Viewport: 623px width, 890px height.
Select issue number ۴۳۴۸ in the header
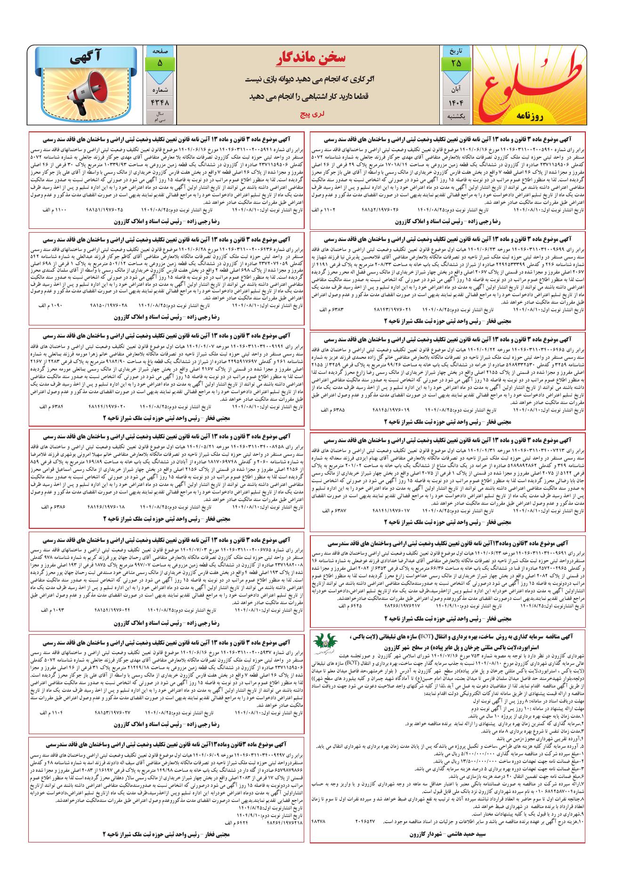point(160,102)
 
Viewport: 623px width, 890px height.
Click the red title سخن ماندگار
point(310,58)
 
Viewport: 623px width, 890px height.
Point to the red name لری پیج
point(310,114)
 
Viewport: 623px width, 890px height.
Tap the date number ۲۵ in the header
point(455,63)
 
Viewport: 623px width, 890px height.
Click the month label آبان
point(455,89)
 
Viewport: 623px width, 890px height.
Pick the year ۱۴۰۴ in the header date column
point(455,102)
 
